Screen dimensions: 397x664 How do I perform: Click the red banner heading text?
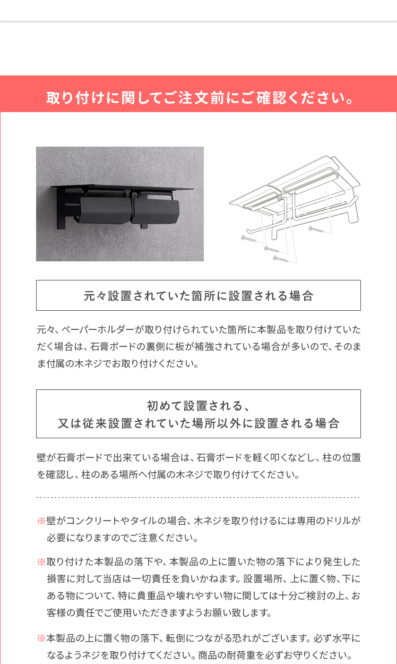point(200,98)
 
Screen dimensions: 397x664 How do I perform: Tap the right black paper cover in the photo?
point(156,210)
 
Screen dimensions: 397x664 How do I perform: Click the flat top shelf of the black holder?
point(122,187)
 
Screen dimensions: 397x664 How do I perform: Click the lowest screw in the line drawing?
point(281,259)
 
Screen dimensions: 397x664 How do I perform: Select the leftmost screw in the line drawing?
point(249,239)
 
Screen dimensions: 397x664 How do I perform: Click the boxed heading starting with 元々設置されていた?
point(198,295)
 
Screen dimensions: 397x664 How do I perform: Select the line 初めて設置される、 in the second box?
point(198,405)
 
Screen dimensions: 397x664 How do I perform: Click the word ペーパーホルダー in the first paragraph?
point(99,330)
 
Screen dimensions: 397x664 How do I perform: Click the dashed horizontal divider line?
point(198,497)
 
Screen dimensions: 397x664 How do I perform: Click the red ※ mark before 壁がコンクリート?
point(41,521)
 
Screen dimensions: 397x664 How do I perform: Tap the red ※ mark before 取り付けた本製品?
point(41,561)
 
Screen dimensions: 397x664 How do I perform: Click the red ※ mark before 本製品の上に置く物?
point(41,638)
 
